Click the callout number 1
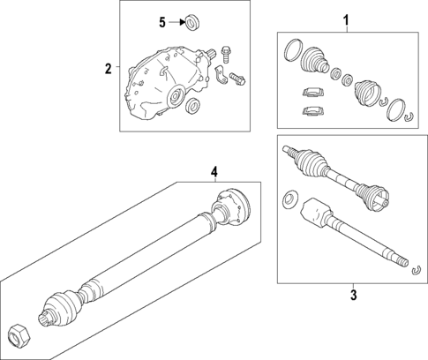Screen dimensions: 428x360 (x=346, y=21)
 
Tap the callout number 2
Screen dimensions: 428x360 (x=109, y=69)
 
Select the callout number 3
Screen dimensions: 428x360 (x=354, y=295)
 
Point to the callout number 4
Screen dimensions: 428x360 (x=214, y=172)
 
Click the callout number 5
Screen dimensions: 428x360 (x=162, y=22)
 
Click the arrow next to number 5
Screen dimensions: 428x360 (x=176, y=22)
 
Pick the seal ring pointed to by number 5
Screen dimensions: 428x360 (x=192, y=22)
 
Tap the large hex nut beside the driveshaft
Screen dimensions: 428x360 (x=19, y=337)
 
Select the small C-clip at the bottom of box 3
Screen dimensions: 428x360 (x=416, y=271)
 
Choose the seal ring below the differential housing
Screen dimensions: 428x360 (x=192, y=105)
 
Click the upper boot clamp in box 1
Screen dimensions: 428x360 (x=313, y=92)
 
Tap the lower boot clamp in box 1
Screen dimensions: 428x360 (x=313, y=111)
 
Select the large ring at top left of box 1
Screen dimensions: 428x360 (x=293, y=50)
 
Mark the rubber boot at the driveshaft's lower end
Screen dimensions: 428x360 (x=63, y=307)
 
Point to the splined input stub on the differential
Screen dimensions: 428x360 (x=212, y=54)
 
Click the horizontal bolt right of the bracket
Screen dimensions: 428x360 (x=237, y=79)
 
